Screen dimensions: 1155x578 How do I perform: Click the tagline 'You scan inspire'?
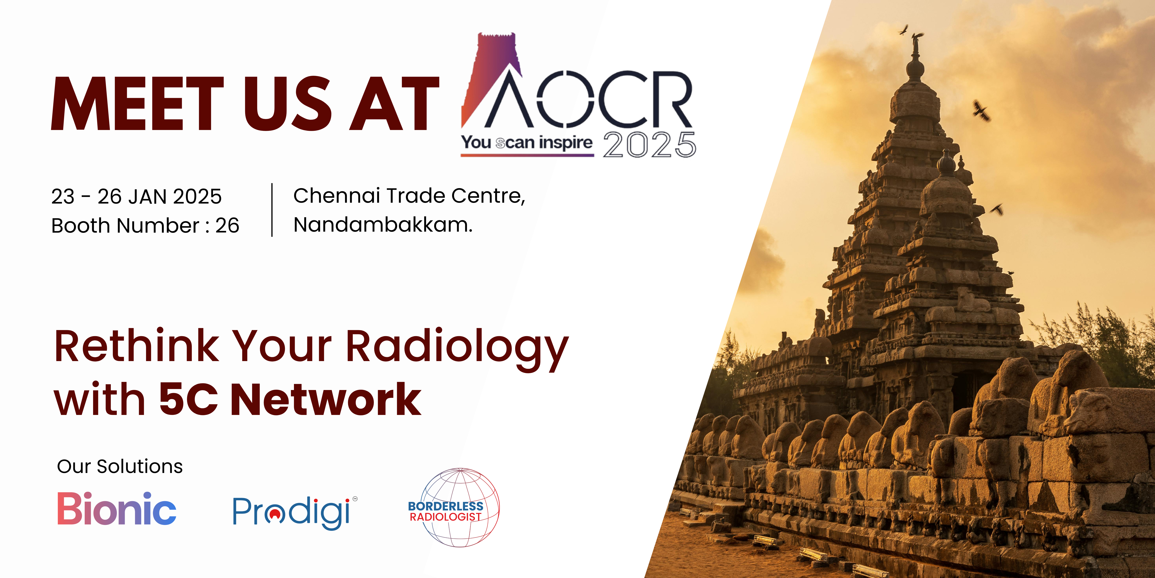pos(527,143)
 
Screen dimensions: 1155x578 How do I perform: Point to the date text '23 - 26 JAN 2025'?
pos(136,197)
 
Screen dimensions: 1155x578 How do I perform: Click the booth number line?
pos(145,225)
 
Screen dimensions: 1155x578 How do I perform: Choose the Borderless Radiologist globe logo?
pos(454,508)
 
